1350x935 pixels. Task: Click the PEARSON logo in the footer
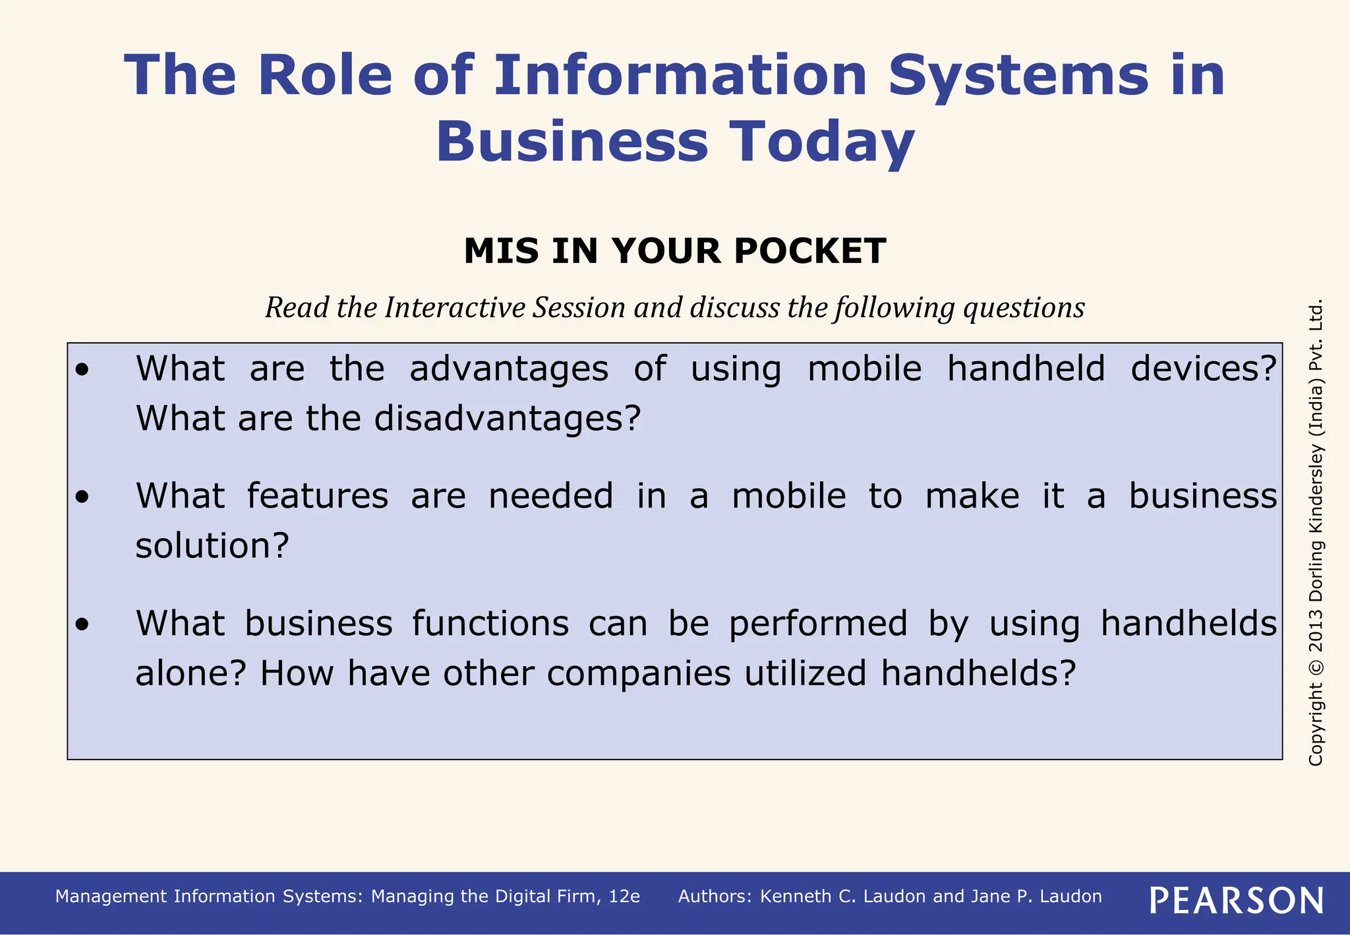pyautogui.click(x=1237, y=900)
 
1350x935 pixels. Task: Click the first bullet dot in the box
pyautogui.click(x=82, y=370)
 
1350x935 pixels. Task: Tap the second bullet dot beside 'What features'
pyautogui.click(x=82, y=497)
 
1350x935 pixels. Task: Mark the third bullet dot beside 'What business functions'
pyautogui.click(x=82, y=624)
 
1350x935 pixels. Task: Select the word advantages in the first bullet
pyautogui.click(x=509, y=369)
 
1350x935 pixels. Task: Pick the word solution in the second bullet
pyautogui.click(x=212, y=546)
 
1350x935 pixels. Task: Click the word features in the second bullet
pyautogui.click(x=318, y=496)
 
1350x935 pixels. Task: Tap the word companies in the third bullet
pyautogui.click(x=638, y=673)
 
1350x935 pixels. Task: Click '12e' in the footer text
pyautogui.click(x=624, y=896)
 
